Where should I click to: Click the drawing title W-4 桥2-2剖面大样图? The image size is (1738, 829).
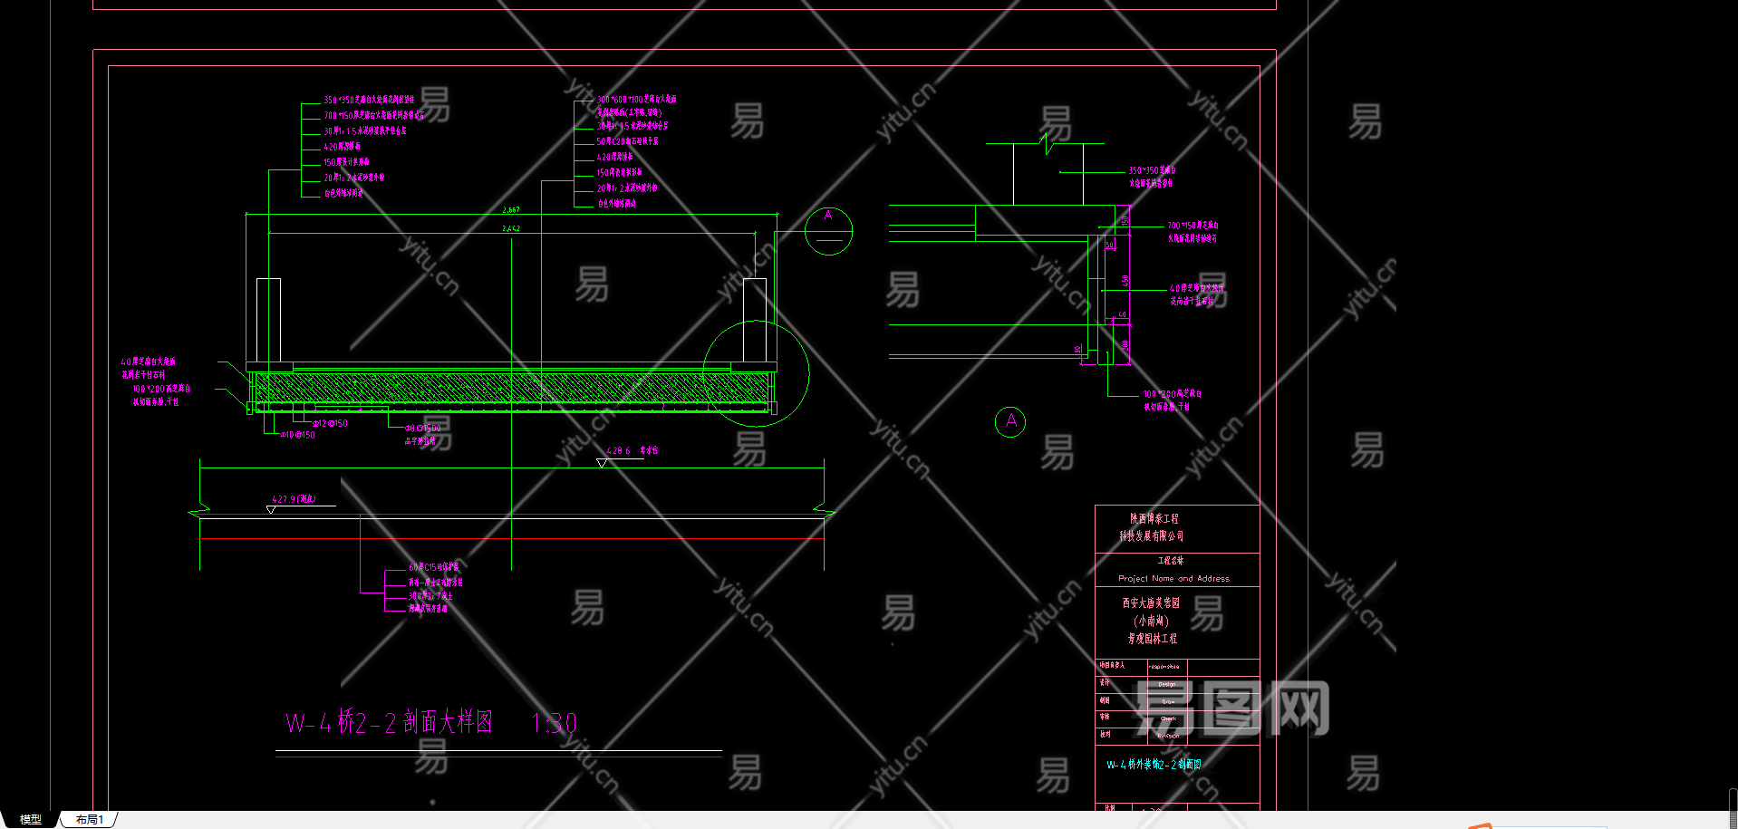tap(390, 723)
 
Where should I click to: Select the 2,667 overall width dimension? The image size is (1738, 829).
tap(511, 210)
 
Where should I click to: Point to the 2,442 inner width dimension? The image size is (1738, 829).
tap(511, 228)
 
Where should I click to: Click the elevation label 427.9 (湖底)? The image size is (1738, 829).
tap(294, 499)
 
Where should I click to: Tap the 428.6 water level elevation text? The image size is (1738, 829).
tap(619, 450)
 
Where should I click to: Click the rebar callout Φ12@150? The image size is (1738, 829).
tap(331, 423)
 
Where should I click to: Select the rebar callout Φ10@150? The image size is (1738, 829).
tap(298, 435)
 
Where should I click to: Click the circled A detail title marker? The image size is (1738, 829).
tap(1010, 421)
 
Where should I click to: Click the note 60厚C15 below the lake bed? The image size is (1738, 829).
tap(433, 567)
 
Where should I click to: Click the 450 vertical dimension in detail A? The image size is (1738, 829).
tap(1125, 281)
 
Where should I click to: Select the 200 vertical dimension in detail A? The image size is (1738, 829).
tap(1125, 346)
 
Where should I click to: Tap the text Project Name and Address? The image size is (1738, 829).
tap(1173, 578)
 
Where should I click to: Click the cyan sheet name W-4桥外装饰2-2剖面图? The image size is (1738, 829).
tap(1154, 765)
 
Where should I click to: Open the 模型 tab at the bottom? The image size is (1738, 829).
tap(30, 819)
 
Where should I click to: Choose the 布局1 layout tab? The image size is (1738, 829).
tap(90, 819)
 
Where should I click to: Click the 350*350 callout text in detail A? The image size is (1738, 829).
tap(1152, 170)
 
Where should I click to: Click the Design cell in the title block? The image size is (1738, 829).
tap(1167, 684)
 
